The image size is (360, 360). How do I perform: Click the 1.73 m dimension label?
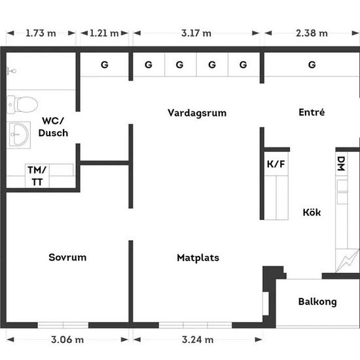(41, 33)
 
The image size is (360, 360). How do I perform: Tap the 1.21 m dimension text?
(104, 33)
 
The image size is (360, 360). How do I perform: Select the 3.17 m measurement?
(196, 33)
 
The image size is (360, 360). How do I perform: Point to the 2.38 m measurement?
(312, 33)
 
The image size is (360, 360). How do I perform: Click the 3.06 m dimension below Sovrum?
(67, 340)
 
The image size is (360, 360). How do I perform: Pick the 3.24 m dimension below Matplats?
(198, 340)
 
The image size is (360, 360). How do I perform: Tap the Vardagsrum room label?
(197, 113)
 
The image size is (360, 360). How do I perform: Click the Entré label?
(312, 113)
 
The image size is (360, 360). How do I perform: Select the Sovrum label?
(67, 257)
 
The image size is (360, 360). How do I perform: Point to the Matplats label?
(198, 258)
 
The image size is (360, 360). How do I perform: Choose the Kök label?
(312, 212)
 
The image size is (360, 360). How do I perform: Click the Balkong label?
(317, 302)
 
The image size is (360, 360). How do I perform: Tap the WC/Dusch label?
(53, 127)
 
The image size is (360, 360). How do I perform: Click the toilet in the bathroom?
(22, 105)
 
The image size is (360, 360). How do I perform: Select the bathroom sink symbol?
(19, 134)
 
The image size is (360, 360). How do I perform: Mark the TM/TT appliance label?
(37, 176)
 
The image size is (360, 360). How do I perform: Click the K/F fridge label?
(276, 164)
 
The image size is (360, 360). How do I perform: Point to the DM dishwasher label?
(341, 164)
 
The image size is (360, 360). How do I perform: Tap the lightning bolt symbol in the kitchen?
(348, 261)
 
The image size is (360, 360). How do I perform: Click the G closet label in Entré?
(312, 65)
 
